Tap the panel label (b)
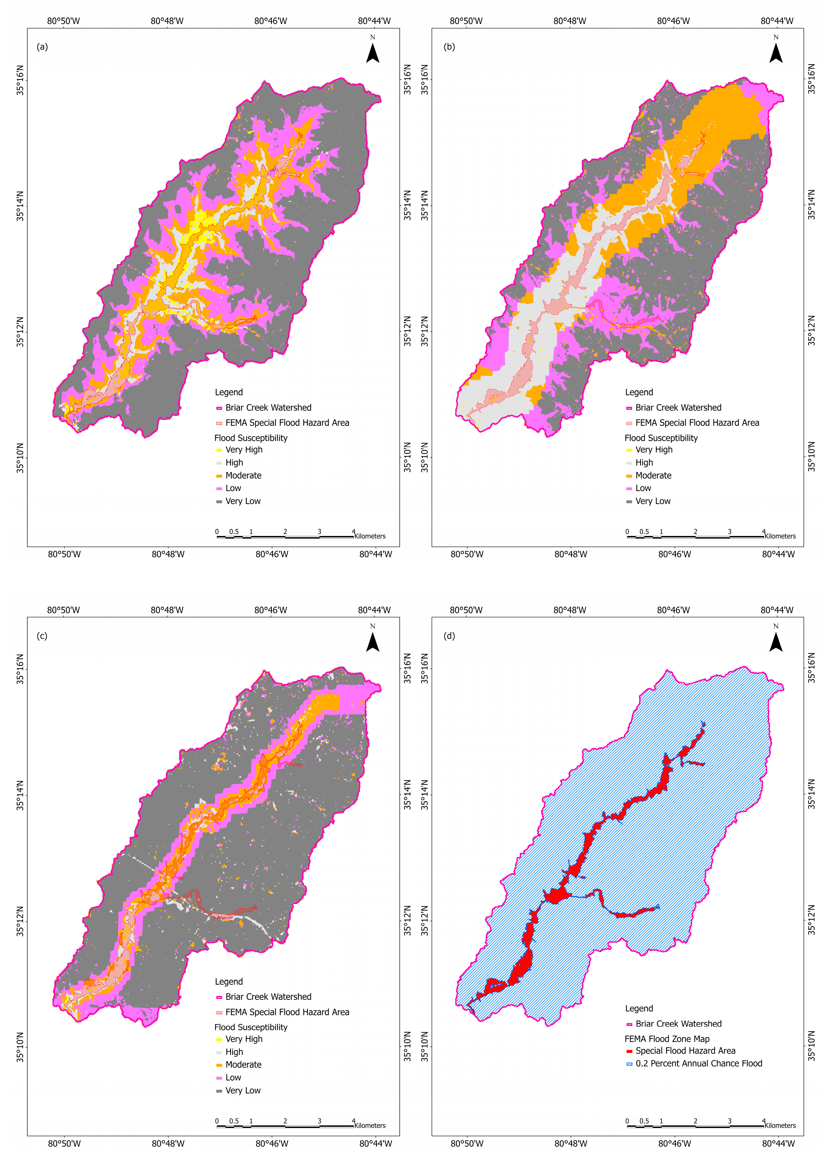click(449, 47)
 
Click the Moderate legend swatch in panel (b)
click(629, 476)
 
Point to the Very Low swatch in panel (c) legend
click(219, 1090)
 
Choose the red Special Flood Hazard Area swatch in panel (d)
click(629, 1051)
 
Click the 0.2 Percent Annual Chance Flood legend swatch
click(629, 1064)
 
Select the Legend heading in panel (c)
click(229, 982)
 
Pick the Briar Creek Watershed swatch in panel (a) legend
click(219, 408)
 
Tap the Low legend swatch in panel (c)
click(219, 1078)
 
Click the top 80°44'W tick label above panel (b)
click(777, 21)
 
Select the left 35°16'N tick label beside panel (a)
click(20, 80)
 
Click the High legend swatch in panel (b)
click(629, 463)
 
